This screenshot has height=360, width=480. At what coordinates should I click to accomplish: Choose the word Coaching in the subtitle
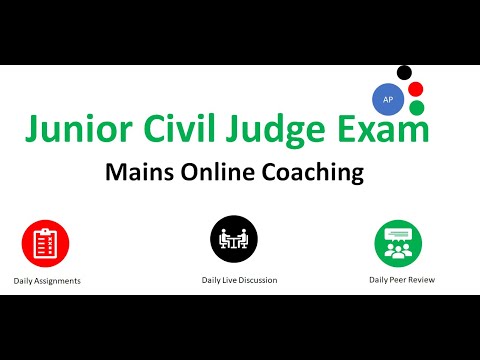click(x=314, y=172)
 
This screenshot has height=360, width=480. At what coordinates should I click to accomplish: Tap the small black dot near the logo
click(x=405, y=73)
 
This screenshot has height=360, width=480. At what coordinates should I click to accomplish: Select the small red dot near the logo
click(x=416, y=89)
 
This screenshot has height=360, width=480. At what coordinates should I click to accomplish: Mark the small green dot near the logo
click(x=417, y=107)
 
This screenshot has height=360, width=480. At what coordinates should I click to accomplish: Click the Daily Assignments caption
click(x=47, y=281)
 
